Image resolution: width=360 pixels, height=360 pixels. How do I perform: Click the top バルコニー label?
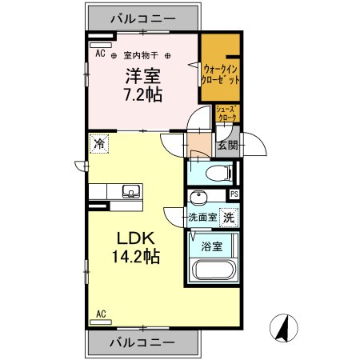point(142,17)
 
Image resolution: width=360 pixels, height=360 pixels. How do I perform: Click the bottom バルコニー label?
point(142,342)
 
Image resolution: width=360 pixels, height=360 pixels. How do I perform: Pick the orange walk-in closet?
point(220,75)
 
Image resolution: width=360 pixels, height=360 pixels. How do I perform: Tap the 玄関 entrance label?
point(227,146)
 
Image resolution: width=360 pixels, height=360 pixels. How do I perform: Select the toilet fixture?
point(217,172)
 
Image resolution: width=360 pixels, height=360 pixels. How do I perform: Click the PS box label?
point(234,194)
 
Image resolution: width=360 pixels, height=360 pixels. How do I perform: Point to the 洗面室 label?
point(203,217)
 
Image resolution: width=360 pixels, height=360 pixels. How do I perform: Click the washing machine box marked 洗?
point(229,217)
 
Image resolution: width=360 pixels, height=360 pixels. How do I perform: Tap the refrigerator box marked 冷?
point(98,145)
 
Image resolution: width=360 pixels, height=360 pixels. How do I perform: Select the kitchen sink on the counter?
point(130,191)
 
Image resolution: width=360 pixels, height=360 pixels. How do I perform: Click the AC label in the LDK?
point(102,313)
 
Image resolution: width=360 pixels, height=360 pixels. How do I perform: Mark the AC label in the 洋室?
point(101,54)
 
